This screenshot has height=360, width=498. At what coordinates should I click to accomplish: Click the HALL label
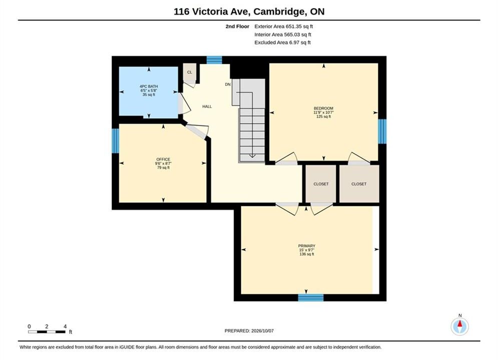click(207, 106)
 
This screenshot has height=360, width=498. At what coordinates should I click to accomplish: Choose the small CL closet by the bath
click(190, 73)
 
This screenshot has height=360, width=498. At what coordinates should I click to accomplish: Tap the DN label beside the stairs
click(228, 84)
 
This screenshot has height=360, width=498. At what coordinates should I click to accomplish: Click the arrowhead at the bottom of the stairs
click(252, 155)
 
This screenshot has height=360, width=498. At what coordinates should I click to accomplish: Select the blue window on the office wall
click(115, 140)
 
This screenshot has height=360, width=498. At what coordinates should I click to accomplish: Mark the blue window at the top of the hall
click(214, 60)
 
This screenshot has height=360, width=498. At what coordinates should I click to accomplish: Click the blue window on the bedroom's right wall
click(382, 131)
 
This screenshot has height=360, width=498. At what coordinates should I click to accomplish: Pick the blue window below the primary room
click(311, 297)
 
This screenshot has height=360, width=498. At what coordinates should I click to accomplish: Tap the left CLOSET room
click(321, 184)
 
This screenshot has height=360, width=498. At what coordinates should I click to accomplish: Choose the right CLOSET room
click(359, 184)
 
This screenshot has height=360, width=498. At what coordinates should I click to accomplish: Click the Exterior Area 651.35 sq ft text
click(284, 26)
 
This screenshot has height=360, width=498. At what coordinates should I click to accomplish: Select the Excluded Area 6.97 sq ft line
click(282, 42)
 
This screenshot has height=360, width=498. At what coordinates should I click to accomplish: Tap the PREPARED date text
click(249, 331)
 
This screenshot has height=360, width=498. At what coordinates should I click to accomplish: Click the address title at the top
click(249, 11)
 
